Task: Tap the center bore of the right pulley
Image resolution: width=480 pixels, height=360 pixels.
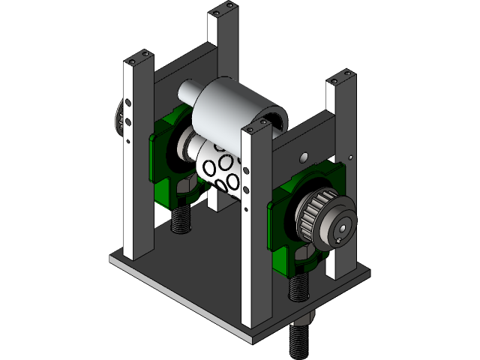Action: pos(343,226)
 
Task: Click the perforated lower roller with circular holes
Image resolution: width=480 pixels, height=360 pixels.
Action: pos(220,169)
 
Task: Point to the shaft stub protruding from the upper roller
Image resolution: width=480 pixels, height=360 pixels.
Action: pos(184,94)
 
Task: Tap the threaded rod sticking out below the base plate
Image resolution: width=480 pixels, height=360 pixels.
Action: pos(300,337)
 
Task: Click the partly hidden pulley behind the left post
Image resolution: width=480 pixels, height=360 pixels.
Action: pos(118,117)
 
